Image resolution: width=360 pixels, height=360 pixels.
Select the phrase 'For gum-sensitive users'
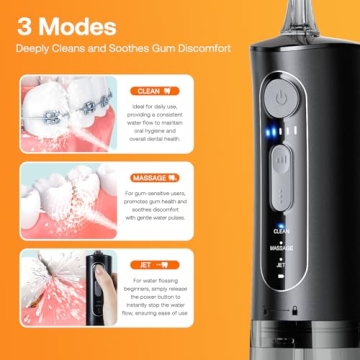(x=159, y=192)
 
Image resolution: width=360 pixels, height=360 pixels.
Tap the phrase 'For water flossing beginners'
(x=159, y=284)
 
